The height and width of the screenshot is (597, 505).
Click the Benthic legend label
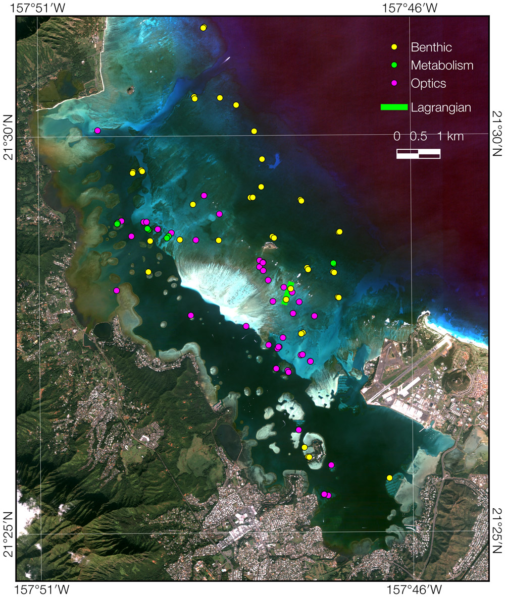[431, 47]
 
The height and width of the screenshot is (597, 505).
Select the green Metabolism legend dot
[395, 65]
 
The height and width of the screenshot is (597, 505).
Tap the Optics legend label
[428, 83]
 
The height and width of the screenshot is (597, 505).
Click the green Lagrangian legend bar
[394, 107]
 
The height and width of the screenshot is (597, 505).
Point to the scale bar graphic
[418, 154]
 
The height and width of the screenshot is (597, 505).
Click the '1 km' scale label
[450, 136]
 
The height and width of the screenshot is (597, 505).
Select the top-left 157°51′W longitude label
[43, 8]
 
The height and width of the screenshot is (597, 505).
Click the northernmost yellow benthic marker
[203, 28]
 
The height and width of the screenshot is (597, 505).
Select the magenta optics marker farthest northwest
[97, 131]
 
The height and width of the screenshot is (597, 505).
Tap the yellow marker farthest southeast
[389, 477]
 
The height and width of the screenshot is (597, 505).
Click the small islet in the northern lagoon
[131, 90]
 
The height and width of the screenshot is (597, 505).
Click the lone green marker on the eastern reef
[333, 263]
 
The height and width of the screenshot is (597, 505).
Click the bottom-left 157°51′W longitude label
[43, 588]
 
